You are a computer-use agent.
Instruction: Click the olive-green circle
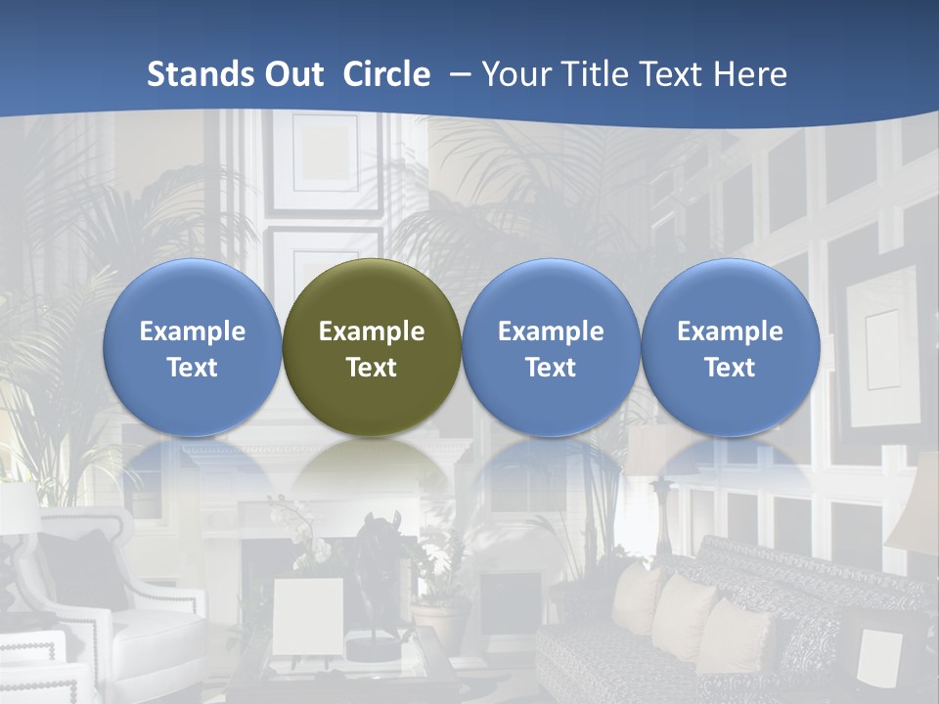pyautogui.click(x=372, y=347)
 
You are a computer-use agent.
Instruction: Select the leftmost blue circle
pyautogui.click(x=193, y=347)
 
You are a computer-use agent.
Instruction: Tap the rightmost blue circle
pyautogui.click(x=730, y=347)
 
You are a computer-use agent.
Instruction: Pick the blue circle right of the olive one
pyautogui.click(x=551, y=347)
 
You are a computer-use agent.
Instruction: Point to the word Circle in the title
pyautogui.click(x=386, y=74)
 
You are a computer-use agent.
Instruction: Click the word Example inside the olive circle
pyautogui.click(x=372, y=331)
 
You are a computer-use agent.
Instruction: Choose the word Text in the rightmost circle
pyautogui.click(x=730, y=368)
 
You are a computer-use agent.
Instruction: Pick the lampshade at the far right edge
pyautogui.click(x=915, y=508)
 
